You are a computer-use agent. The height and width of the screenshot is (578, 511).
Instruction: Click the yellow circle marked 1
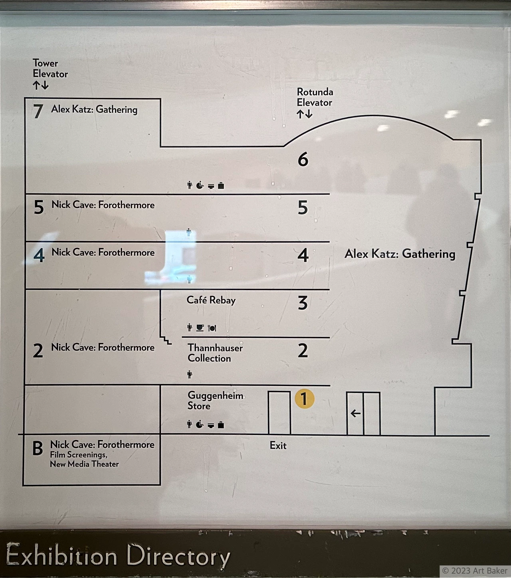[x=305, y=399]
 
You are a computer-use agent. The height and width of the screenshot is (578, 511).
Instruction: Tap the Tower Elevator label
[x=50, y=68]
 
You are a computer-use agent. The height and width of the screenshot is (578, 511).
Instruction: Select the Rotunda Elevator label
[x=315, y=97]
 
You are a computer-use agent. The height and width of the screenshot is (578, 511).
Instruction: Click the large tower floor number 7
[x=38, y=112]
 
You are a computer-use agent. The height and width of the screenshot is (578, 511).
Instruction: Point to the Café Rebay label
[x=211, y=300]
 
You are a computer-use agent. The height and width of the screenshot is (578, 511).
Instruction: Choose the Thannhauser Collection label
[x=215, y=353]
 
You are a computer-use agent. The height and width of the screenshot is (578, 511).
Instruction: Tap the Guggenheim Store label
[x=215, y=401]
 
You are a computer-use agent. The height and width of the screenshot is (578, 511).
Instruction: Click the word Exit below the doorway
[x=278, y=446]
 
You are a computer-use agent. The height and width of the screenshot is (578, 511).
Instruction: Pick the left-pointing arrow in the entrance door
[x=355, y=414]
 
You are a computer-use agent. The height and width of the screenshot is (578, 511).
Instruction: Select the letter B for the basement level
[x=38, y=448]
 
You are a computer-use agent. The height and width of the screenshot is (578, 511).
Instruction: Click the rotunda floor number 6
[x=303, y=160]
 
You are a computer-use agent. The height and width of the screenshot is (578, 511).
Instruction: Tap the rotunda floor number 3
[x=303, y=303]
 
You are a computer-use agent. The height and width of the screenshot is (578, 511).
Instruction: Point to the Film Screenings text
[x=78, y=455]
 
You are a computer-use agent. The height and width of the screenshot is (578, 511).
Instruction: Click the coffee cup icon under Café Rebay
[x=200, y=328]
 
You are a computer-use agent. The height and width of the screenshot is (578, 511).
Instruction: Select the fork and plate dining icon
[x=212, y=328]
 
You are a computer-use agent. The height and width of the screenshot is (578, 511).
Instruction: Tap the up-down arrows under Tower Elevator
[x=41, y=85]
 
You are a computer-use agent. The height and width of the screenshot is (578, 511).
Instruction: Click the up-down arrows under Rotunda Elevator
[x=304, y=114]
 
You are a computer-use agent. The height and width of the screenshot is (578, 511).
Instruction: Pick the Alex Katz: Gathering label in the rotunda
[x=400, y=254]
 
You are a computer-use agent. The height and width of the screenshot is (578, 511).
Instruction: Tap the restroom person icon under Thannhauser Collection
[x=190, y=375]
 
